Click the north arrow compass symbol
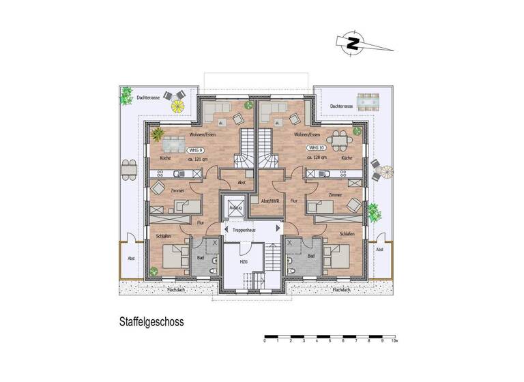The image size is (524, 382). (x=353, y=43)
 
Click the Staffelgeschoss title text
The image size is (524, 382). (x=149, y=319)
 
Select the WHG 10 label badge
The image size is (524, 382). (x=315, y=148)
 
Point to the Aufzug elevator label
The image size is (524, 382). (x=235, y=207)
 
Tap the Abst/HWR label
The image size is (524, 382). (x=270, y=201)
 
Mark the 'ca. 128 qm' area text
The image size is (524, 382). (x=317, y=158)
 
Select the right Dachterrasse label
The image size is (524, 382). (x=341, y=106)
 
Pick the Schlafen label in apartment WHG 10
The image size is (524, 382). (x=346, y=233)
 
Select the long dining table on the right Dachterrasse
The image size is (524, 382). (x=369, y=104)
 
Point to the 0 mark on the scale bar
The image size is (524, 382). (x=265, y=340)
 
